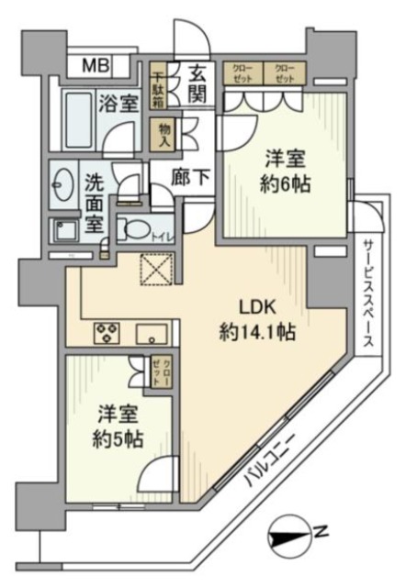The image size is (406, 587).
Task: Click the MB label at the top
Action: [x=94, y=65]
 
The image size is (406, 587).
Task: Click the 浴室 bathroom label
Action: [x=119, y=102]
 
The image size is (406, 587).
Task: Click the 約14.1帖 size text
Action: [x=257, y=332]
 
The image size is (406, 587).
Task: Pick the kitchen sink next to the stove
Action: [x=152, y=333]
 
